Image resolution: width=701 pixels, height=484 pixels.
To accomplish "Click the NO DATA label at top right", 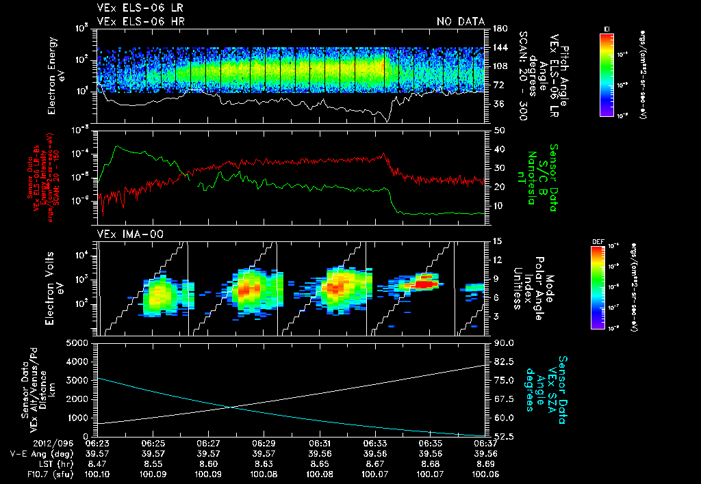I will point(460,21).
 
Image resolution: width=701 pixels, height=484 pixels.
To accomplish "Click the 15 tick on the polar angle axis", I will point(497,241).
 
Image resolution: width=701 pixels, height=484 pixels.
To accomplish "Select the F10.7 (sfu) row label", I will point(28,472).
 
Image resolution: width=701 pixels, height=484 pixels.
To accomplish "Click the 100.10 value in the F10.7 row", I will point(99,472).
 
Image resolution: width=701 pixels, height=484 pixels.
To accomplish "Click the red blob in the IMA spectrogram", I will point(425,282).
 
